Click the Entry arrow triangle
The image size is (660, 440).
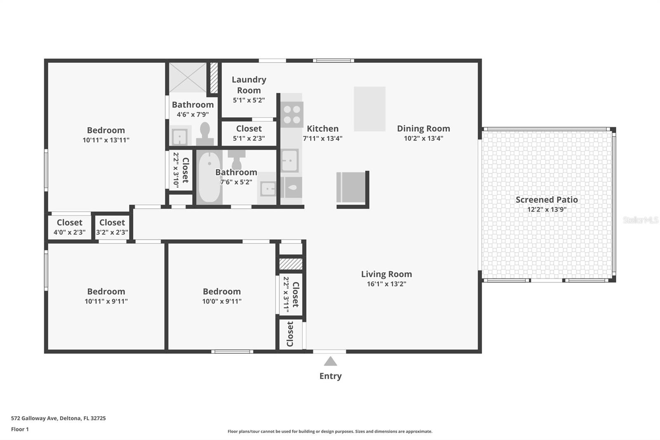coord(330,361)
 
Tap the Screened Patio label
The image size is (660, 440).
coord(547,200)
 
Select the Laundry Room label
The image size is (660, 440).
coord(249,85)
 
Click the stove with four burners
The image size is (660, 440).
coord(292,114)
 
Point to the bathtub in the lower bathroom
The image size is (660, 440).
coord(210,177)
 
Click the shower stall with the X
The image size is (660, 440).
coord(188,77)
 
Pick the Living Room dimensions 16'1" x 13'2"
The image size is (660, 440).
coord(387,284)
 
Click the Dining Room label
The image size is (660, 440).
coord(423,129)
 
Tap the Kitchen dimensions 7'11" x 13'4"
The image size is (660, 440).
coord(323,138)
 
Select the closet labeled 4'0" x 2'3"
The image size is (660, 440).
coord(70,227)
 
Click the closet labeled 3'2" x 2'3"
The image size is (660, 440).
coord(112,227)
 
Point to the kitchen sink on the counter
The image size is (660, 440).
coord(290,161)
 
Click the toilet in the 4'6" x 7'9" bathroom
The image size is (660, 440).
coord(205,134)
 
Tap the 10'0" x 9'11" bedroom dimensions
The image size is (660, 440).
coord(222,301)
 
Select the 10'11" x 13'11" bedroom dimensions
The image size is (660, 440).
coord(106,140)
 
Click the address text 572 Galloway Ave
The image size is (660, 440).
coord(34,418)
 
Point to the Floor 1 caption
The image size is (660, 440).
coord(20,429)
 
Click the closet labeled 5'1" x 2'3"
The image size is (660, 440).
coord(249,133)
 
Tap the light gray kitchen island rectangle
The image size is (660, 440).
coord(370,109)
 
